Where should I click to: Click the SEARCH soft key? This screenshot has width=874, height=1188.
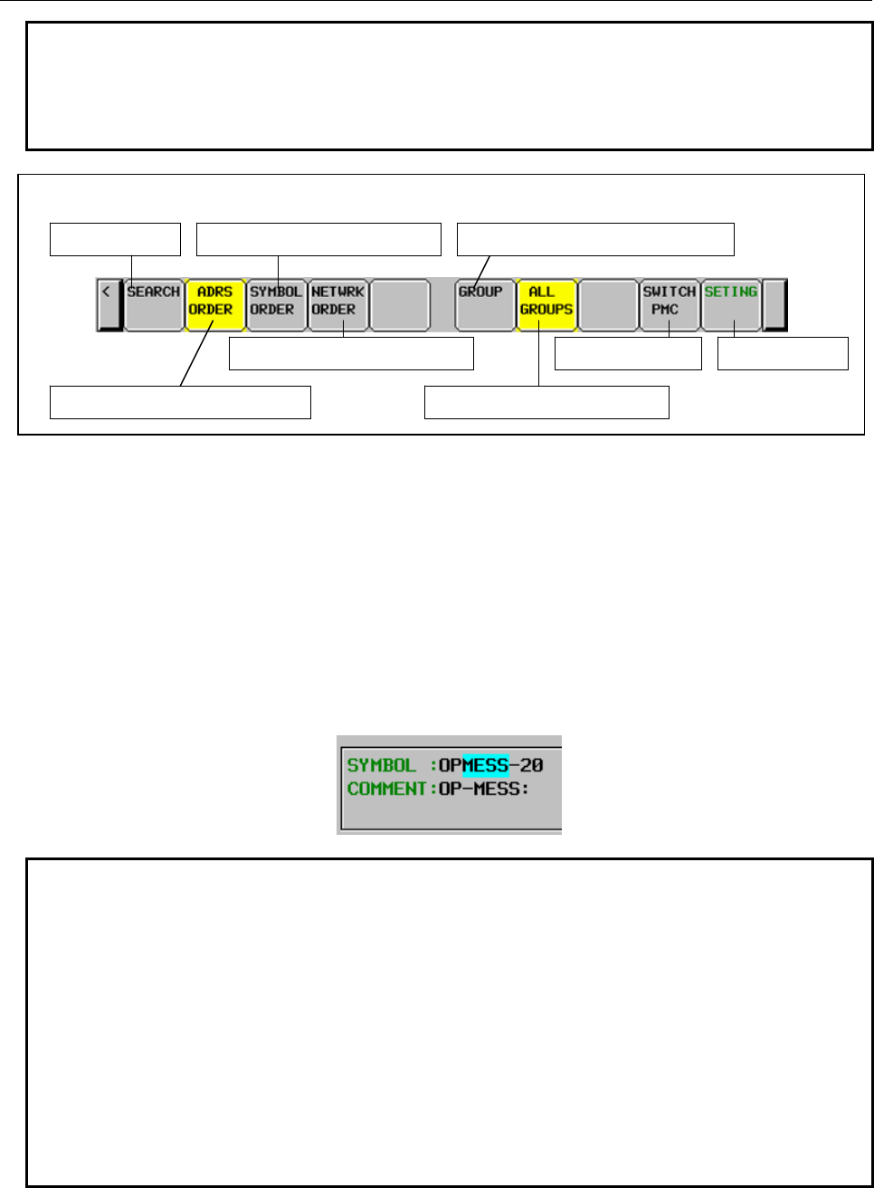pos(153,305)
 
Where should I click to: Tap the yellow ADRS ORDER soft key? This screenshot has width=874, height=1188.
pos(214,305)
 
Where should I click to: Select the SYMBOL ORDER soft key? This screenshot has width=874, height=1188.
pos(276,305)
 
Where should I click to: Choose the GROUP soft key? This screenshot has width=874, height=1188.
pos(484,305)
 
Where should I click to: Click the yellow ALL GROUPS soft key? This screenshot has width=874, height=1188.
pos(546,305)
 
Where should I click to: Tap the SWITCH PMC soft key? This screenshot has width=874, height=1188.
pos(669,305)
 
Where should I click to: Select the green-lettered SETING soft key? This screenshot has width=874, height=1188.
pos(731,305)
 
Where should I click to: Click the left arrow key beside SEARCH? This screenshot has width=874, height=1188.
pos(109,305)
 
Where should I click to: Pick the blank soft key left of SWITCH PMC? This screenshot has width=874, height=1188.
pos(608,305)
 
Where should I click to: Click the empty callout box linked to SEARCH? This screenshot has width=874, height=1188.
pos(115,239)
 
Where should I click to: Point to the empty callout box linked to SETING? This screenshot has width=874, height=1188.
pos(783,353)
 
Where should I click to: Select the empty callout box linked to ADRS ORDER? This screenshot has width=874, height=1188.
pos(180,402)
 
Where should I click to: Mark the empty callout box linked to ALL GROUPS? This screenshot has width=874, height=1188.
pos(546,402)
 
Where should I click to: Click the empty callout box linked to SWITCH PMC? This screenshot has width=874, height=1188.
pos(628,353)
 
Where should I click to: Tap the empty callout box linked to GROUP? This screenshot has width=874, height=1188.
pos(595,239)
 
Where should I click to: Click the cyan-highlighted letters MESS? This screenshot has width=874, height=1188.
pos(486,765)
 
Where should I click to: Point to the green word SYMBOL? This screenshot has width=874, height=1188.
pos(381,765)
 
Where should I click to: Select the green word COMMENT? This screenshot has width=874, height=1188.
pos(386,789)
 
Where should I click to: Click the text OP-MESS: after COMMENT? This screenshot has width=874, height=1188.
pos(484,789)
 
